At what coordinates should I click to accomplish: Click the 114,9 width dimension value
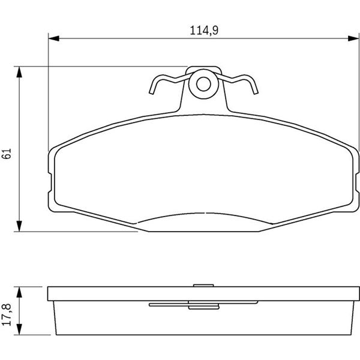[x=204, y=31]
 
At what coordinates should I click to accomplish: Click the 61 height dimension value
[x=7, y=154]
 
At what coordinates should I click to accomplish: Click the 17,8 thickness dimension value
[x=7, y=314]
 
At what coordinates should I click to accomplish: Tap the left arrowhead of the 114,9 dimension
[x=54, y=38]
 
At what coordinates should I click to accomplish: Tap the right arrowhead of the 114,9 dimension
[x=353, y=38]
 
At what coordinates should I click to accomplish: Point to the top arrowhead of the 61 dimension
[x=19, y=72]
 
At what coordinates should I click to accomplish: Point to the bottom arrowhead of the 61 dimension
[x=19, y=226]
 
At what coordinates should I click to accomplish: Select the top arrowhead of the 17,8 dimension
[x=19, y=292]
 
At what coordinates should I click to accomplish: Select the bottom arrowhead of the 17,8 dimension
[x=19, y=329]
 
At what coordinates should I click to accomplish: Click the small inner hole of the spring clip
[x=203, y=84]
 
